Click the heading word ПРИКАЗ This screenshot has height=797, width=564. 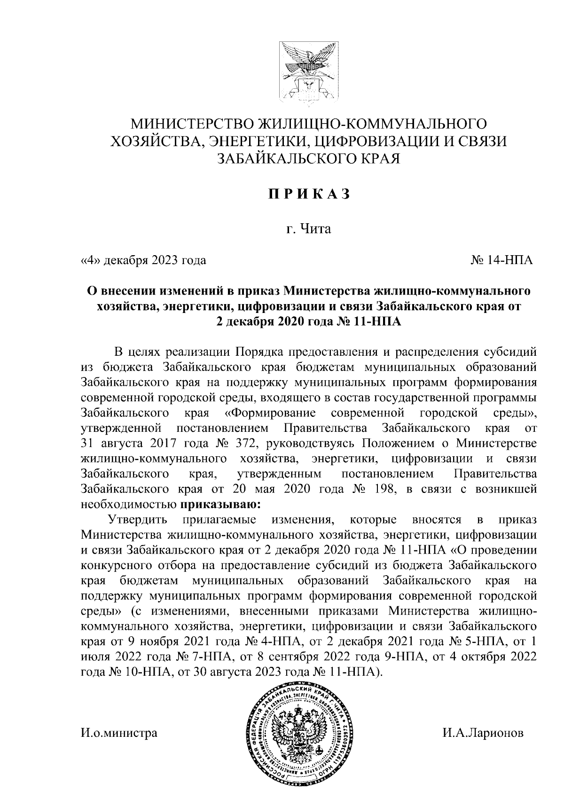(x=309, y=195)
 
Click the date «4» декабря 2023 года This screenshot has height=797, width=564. (x=144, y=259)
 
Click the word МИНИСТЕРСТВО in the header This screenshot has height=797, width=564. (x=192, y=124)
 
